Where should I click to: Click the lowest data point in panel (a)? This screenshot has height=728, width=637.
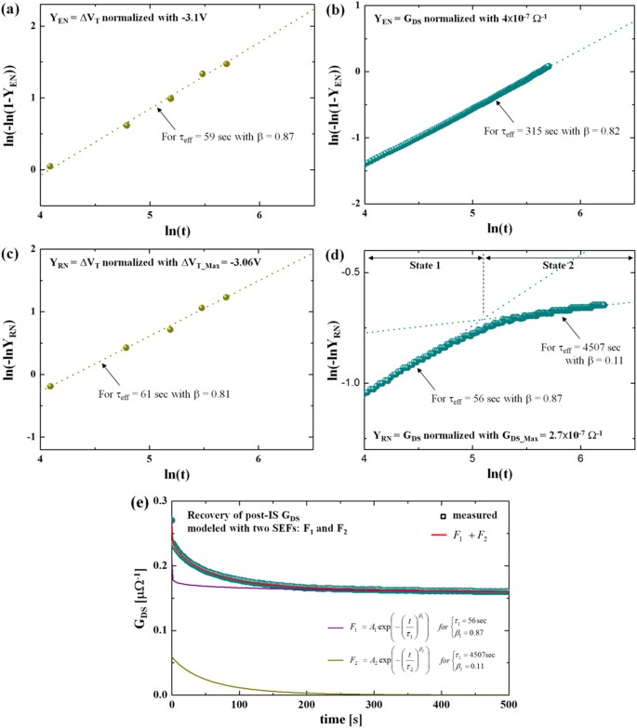[x=50, y=166]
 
